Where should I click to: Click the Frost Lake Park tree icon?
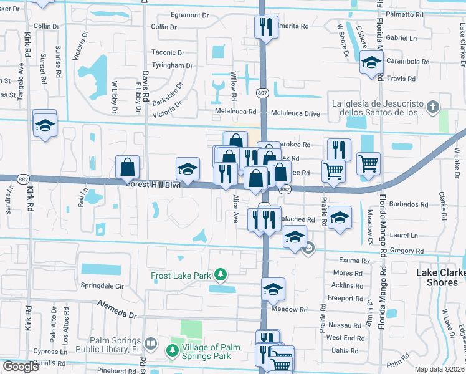(219, 274)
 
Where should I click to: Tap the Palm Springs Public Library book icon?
(150, 343)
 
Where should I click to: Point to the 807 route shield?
(262, 93)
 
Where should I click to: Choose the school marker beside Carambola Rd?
(371, 63)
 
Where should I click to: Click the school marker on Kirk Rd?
(45, 123)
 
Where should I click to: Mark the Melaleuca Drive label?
(295, 113)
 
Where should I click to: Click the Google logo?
(21, 367)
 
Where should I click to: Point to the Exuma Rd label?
(351, 260)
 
